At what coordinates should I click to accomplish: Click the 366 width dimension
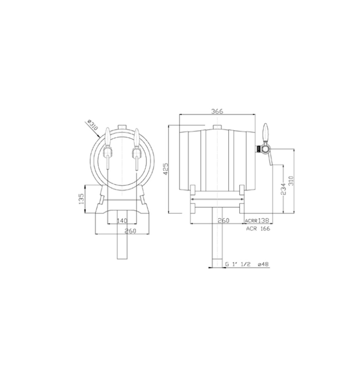tap(217, 111)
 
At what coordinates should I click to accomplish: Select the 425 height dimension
tap(166, 169)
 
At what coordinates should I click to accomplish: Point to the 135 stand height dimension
tap(81, 199)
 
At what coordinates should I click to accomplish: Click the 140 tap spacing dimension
tap(122, 221)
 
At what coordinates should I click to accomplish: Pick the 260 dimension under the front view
tap(130, 231)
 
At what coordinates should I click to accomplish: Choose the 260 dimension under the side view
tap(224, 221)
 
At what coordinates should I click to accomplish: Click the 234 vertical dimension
tap(283, 189)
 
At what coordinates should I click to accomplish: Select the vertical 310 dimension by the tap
tap(291, 181)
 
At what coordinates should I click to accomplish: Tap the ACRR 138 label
tap(257, 221)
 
